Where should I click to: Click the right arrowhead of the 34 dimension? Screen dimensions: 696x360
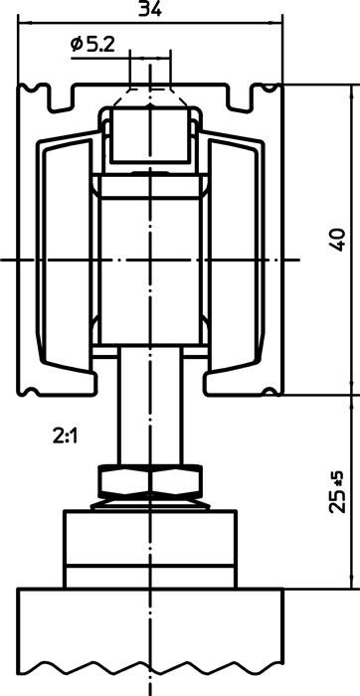point(281,26)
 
